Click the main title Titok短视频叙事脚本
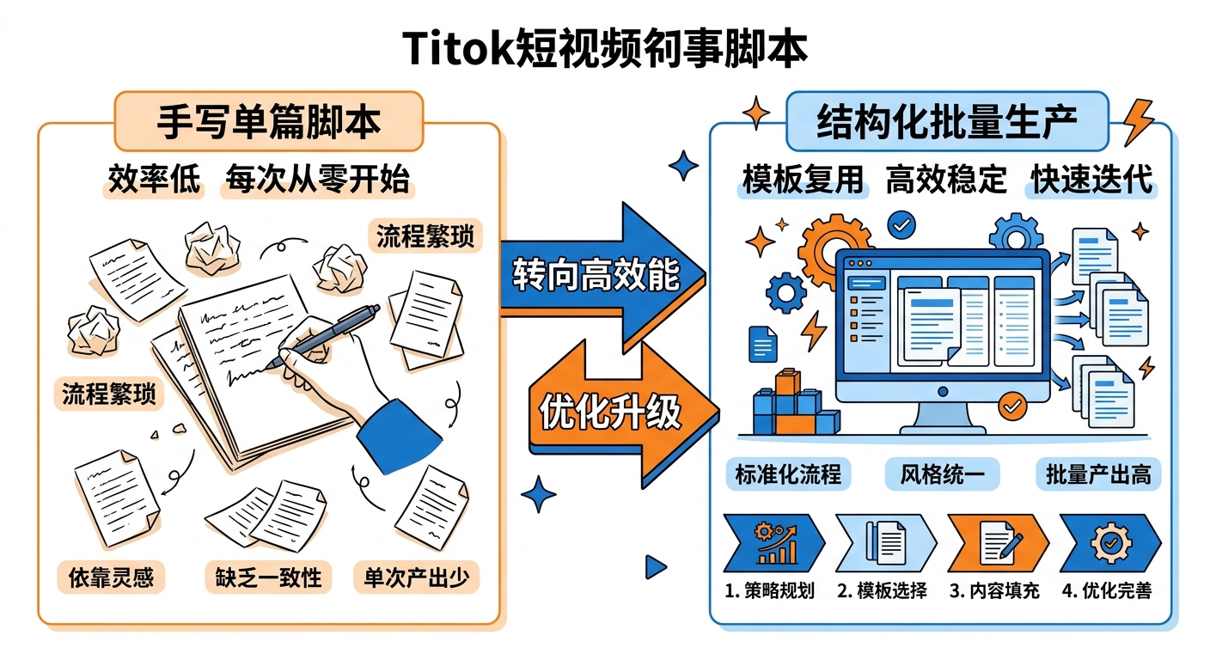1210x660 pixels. (x=605, y=51)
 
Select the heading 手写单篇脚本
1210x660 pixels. (x=268, y=121)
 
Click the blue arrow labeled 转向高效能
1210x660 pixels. (x=602, y=275)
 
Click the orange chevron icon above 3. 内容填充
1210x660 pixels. (x=996, y=543)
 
